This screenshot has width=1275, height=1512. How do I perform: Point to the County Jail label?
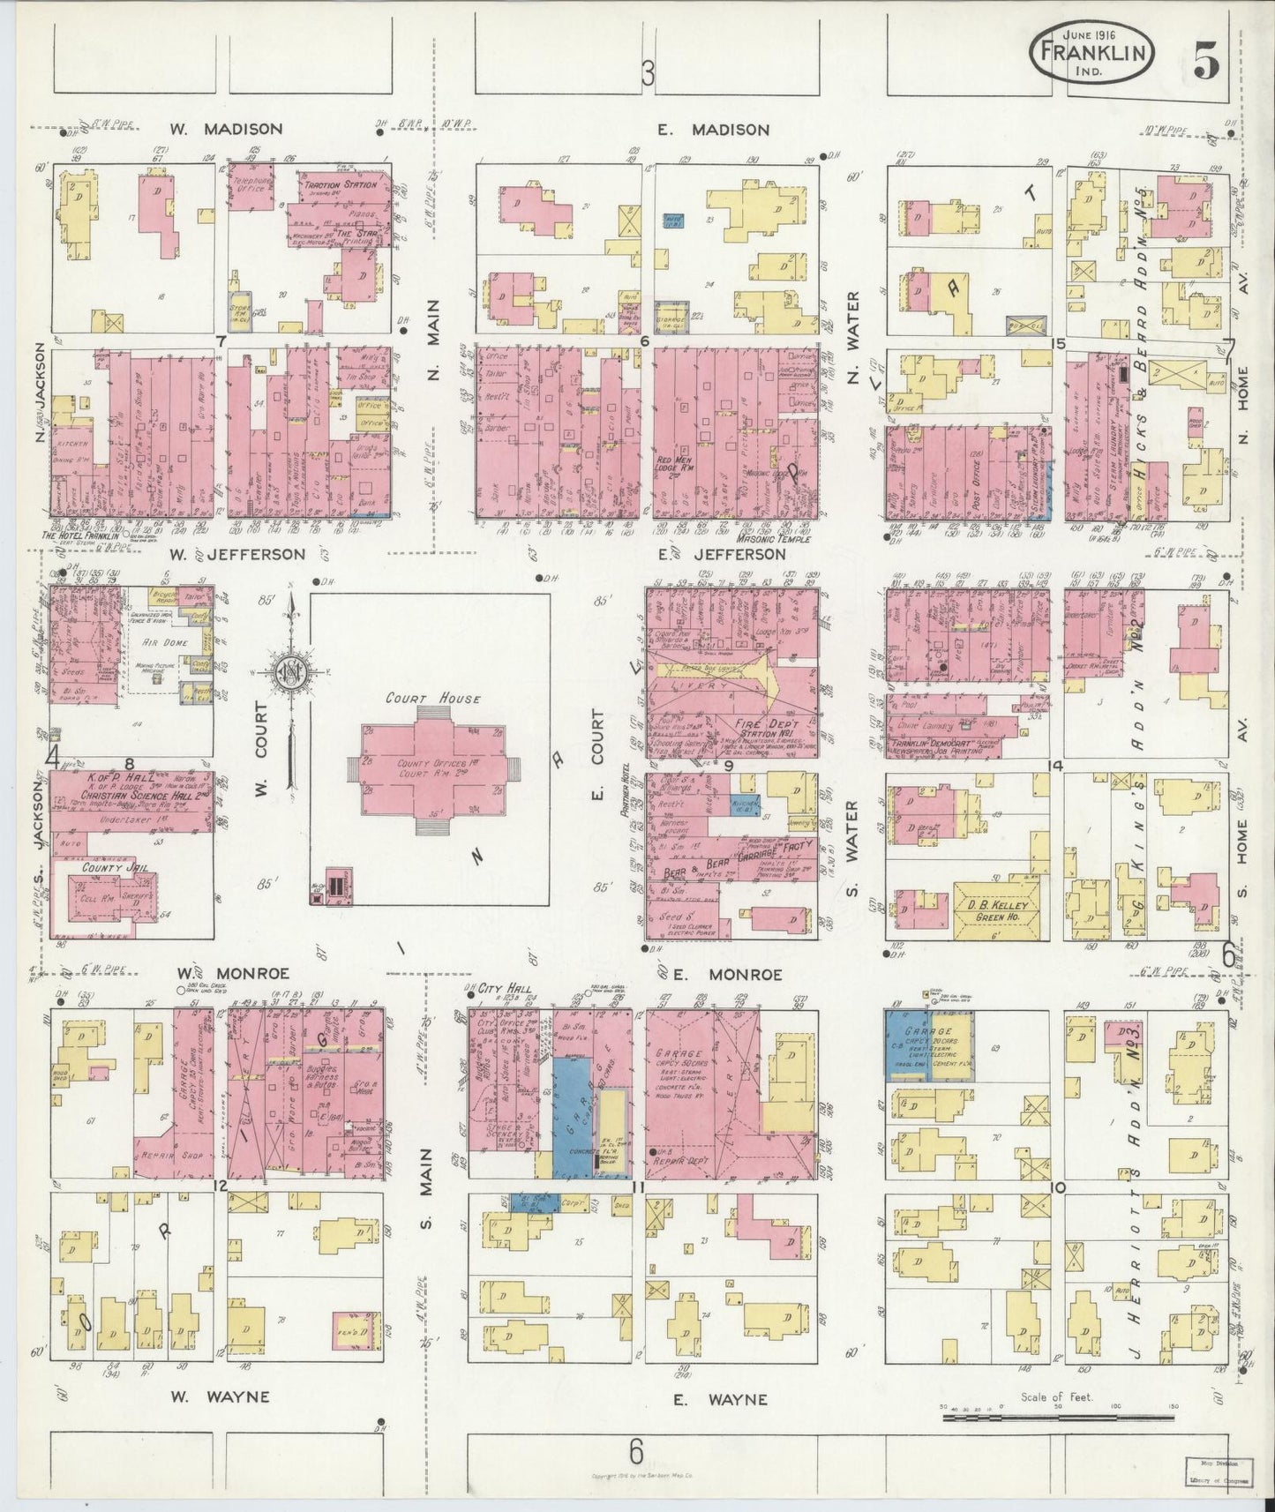click(x=107, y=868)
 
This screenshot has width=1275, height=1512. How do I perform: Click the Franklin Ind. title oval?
click(x=1091, y=52)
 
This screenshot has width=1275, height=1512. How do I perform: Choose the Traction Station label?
click(x=341, y=185)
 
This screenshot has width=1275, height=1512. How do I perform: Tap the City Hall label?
click(x=505, y=990)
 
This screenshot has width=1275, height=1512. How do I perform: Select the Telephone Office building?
click(x=250, y=186)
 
